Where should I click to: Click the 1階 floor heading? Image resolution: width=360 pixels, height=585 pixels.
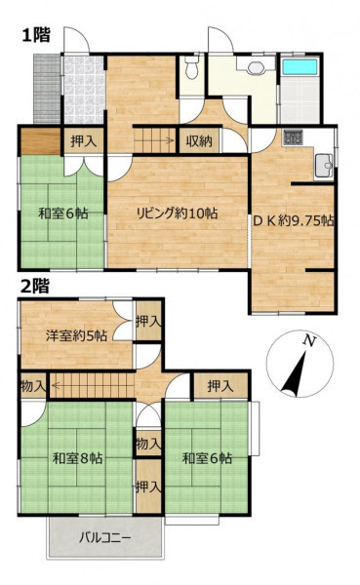36,35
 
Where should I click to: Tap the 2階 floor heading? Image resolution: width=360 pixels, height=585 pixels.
35,287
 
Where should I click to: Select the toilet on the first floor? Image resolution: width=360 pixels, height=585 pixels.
192,67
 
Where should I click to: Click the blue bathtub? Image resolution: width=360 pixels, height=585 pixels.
300,66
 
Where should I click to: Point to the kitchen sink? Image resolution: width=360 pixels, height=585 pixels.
324,166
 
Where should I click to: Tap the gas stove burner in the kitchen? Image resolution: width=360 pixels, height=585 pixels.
293,136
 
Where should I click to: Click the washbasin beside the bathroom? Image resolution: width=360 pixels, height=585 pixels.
257,67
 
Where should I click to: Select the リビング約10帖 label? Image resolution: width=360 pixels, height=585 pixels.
178,214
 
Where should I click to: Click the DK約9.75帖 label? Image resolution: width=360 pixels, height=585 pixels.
294,221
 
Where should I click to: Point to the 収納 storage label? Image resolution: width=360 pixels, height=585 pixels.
199,141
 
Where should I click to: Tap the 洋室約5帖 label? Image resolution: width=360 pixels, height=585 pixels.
76,335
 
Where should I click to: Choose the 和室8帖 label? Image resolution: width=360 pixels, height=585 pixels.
78,458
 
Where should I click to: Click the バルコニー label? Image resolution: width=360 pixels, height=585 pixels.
105,538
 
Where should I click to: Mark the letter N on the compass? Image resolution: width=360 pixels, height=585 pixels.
309,340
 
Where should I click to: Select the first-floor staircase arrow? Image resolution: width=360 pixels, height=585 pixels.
154,140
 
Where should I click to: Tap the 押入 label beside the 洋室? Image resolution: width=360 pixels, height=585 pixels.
148,321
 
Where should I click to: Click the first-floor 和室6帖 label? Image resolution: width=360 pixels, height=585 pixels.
63,214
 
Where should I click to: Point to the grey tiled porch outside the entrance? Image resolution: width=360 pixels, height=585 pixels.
47,89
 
